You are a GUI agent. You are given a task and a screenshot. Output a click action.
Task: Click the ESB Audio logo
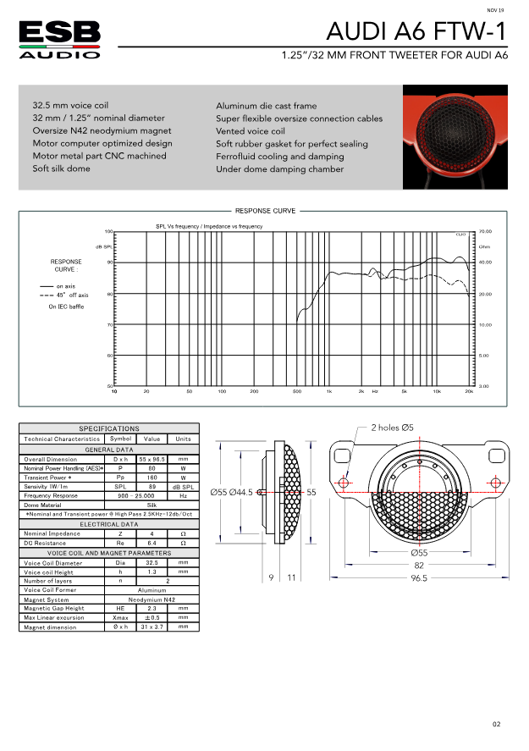59,39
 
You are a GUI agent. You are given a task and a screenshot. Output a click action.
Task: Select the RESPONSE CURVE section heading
265,211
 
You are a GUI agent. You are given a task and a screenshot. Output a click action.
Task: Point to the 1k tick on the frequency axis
329,392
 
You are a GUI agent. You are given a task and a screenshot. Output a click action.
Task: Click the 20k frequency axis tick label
469,392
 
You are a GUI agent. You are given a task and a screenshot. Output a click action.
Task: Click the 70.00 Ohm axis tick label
485,231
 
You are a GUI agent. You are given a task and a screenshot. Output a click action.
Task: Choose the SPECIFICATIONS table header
109,428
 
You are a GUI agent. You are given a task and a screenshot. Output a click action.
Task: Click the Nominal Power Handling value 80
152,467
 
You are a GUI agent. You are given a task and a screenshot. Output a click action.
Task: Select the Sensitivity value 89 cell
152,486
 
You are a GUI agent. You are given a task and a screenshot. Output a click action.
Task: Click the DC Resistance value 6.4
152,543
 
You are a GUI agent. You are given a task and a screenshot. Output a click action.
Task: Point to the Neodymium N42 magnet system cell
152,599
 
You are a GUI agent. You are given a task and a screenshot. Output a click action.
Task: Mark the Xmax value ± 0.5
152,617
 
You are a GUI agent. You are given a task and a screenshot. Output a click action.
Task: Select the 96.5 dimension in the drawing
419,579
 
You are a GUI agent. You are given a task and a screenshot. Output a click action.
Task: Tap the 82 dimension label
419,565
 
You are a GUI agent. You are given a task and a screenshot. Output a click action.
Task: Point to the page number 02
497,725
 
